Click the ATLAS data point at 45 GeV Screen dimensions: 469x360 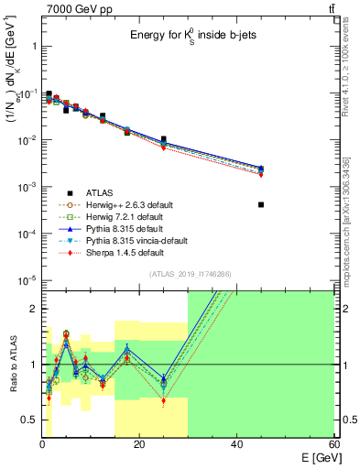(x=261, y=204)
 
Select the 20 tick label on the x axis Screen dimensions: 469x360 (x=138, y=445)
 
